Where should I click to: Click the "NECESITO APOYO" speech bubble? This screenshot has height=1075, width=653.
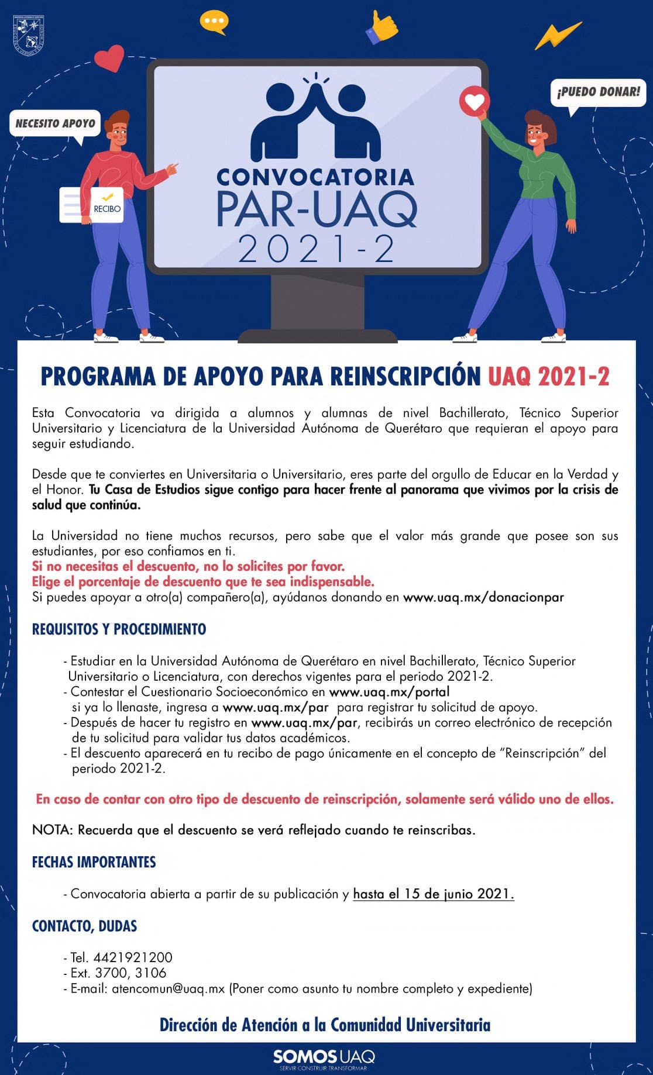55,123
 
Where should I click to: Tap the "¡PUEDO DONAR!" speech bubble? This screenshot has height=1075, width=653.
598,92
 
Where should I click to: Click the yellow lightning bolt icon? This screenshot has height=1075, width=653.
558,36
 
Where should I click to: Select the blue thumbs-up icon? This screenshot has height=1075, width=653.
381,27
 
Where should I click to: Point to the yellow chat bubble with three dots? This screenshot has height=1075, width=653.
214,21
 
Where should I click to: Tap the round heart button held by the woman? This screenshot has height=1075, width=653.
474,101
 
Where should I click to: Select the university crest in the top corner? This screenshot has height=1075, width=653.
29,34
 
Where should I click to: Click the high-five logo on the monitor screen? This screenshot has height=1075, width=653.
316,120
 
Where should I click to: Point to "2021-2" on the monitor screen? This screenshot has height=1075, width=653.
316,249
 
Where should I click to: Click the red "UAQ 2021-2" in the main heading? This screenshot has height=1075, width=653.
548,376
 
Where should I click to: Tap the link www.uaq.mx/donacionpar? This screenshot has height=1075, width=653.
483,597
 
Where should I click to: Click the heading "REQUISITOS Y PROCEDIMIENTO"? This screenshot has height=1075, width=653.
119,629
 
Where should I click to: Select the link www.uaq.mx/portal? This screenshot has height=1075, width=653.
389,692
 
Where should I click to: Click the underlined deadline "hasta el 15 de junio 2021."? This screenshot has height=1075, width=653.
434,894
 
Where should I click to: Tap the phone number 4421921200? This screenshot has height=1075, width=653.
133,957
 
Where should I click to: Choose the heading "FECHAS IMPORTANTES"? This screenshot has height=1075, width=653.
94,862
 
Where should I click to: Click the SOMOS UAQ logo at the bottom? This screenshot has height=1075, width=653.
324,1056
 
